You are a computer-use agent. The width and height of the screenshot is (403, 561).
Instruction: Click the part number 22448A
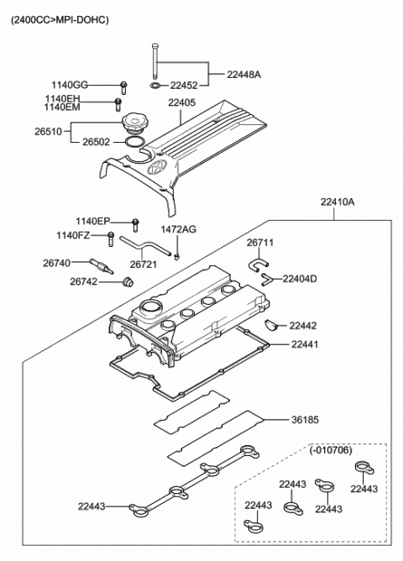(243, 75)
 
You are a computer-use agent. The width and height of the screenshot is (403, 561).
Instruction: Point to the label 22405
(181, 103)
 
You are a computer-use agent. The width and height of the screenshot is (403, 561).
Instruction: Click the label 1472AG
(178, 229)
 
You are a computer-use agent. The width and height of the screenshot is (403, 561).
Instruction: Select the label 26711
(259, 243)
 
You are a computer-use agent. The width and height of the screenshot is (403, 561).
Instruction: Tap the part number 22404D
(300, 278)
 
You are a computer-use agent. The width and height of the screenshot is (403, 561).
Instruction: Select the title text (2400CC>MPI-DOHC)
(60, 18)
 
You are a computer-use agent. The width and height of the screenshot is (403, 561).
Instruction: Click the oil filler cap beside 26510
(133, 125)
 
